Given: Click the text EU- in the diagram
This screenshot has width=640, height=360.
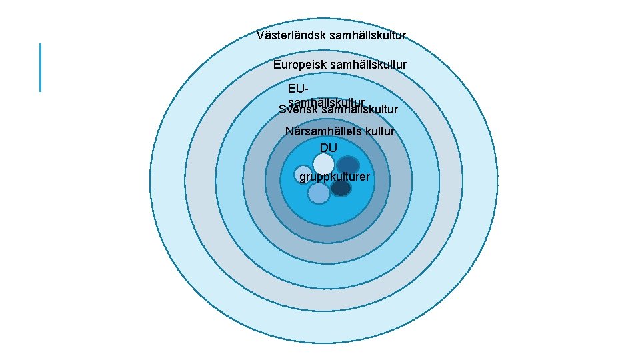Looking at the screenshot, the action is (x=299, y=89).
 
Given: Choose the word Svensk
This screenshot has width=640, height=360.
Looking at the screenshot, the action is (x=298, y=110).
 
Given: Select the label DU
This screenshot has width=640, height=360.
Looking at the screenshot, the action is (x=329, y=147).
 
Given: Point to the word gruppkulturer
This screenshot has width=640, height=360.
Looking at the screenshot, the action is (x=335, y=177).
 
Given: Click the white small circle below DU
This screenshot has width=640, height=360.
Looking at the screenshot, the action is (x=324, y=163).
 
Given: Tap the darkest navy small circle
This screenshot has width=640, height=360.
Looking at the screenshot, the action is (x=341, y=189).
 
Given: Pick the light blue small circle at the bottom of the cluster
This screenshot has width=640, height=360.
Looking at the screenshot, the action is (x=319, y=193).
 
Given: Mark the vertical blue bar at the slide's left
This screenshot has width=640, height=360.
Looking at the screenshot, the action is (x=41, y=67).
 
